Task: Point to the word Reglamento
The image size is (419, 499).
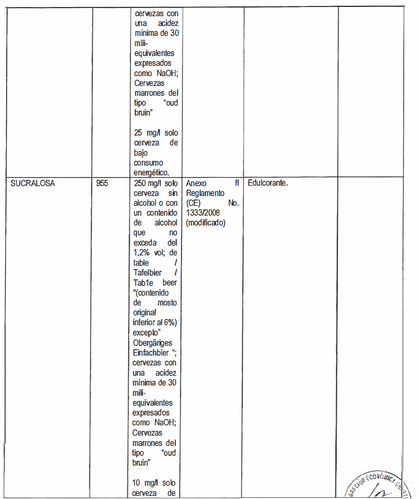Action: coord(205,193)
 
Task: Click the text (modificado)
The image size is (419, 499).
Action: coord(206,223)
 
